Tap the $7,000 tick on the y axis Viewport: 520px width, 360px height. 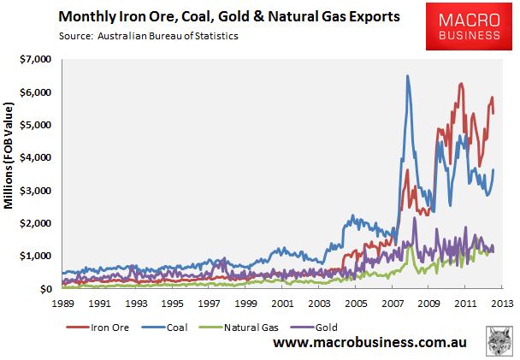(x=35, y=60)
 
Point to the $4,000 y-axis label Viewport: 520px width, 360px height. (x=35, y=158)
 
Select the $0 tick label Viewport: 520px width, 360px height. (x=45, y=290)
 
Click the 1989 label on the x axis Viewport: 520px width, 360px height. (x=62, y=304)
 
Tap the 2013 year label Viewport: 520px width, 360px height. (x=501, y=304)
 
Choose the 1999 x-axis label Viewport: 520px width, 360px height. (x=245, y=304)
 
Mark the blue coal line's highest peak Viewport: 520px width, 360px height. (x=407, y=76)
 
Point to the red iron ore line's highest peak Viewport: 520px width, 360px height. (x=461, y=84)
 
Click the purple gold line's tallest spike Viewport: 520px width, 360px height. (x=415, y=218)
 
